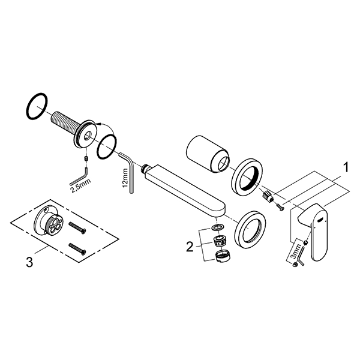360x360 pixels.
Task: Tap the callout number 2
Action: tap(190, 246)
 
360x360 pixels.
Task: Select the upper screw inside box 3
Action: tap(77, 226)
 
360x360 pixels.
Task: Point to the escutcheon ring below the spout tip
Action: tap(252, 229)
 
